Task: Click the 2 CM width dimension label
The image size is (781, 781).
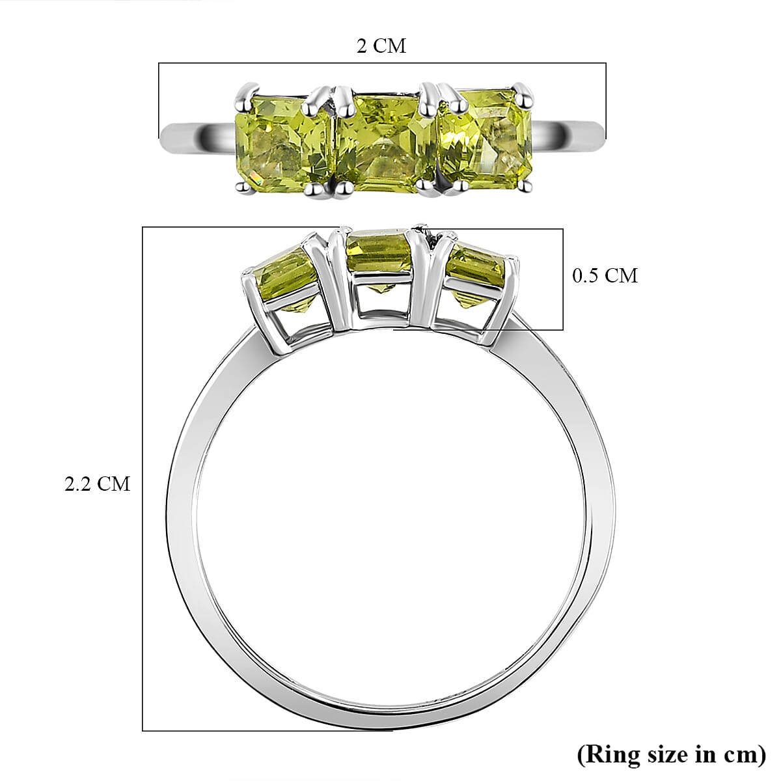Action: pyautogui.click(x=381, y=46)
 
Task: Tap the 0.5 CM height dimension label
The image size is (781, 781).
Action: pyautogui.click(x=605, y=275)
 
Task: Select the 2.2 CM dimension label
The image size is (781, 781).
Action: pyautogui.click(x=98, y=484)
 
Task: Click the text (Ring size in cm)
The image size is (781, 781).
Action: pyautogui.click(x=671, y=754)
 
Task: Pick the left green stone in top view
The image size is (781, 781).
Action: pyautogui.click(x=281, y=140)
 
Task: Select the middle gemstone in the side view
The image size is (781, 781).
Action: pyautogui.click(x=381, y=257)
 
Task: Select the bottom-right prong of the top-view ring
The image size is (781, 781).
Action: pyautogui.click(x=522, y=187)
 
